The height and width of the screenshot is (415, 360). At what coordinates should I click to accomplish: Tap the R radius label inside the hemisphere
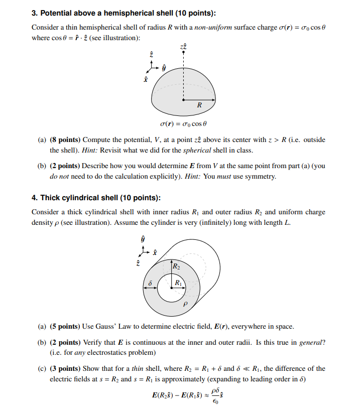[x=199, y=106]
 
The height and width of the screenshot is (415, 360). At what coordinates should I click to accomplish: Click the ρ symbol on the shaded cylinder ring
[x=185, y=303]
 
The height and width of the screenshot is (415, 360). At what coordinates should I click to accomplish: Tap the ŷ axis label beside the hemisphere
[x=164, y=66]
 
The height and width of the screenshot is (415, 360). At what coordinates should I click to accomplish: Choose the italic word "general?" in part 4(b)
[x=311, y=342]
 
